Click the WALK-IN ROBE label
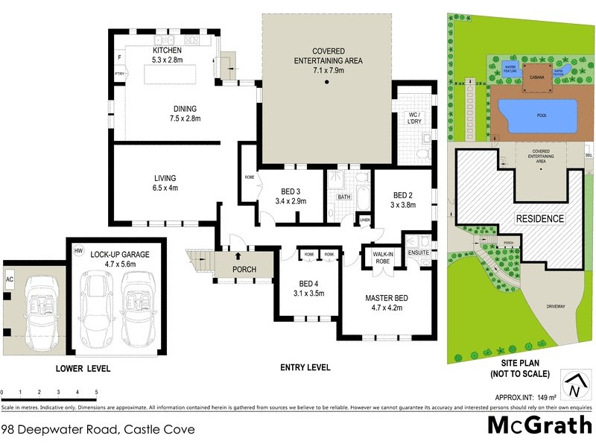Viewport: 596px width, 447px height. [383, 259]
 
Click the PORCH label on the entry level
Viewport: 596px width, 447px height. [244, 269]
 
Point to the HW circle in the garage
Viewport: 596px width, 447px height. [79, 251]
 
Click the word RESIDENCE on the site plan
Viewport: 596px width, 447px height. [539, 219]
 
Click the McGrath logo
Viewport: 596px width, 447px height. [539, 424]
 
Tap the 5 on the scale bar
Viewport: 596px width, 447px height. [96, 392]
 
